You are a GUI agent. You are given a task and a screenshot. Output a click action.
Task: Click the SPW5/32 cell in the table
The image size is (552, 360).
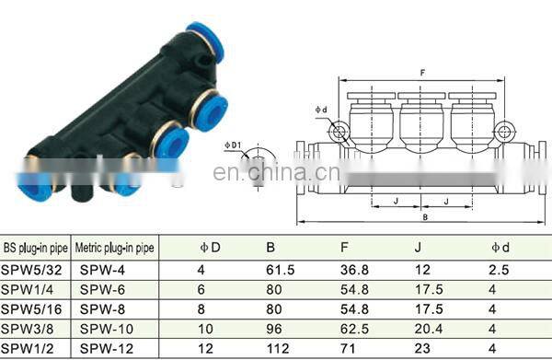[31, 270]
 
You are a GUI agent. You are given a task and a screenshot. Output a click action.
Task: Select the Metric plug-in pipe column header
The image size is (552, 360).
[114, 248]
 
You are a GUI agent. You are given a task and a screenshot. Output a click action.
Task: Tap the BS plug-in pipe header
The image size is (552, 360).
[35, 248]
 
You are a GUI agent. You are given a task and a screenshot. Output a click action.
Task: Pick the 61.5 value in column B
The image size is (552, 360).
[281, 270]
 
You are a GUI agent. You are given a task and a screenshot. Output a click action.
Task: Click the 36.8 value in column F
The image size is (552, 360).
[354, 270]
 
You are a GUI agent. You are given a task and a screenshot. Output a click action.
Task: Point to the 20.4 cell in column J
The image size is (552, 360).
[429, 329]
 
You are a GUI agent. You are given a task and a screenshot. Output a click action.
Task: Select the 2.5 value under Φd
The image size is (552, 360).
[499, 270]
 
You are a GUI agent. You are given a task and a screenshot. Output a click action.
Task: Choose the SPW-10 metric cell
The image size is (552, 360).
[107, 329]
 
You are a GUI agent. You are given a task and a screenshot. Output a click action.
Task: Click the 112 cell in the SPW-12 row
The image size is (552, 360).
[278, 349]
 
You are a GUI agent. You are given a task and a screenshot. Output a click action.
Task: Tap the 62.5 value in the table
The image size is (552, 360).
[354, 329]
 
